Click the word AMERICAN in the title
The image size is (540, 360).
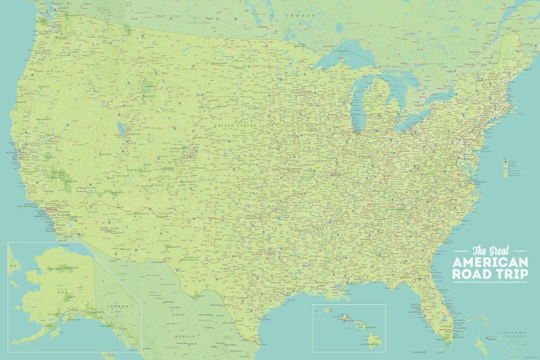[x=490, y=262]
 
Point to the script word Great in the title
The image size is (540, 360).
[x=499, y=250]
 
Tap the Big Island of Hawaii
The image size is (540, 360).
[x=373, y=338]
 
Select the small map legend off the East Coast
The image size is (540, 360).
[x=505, y=167]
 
